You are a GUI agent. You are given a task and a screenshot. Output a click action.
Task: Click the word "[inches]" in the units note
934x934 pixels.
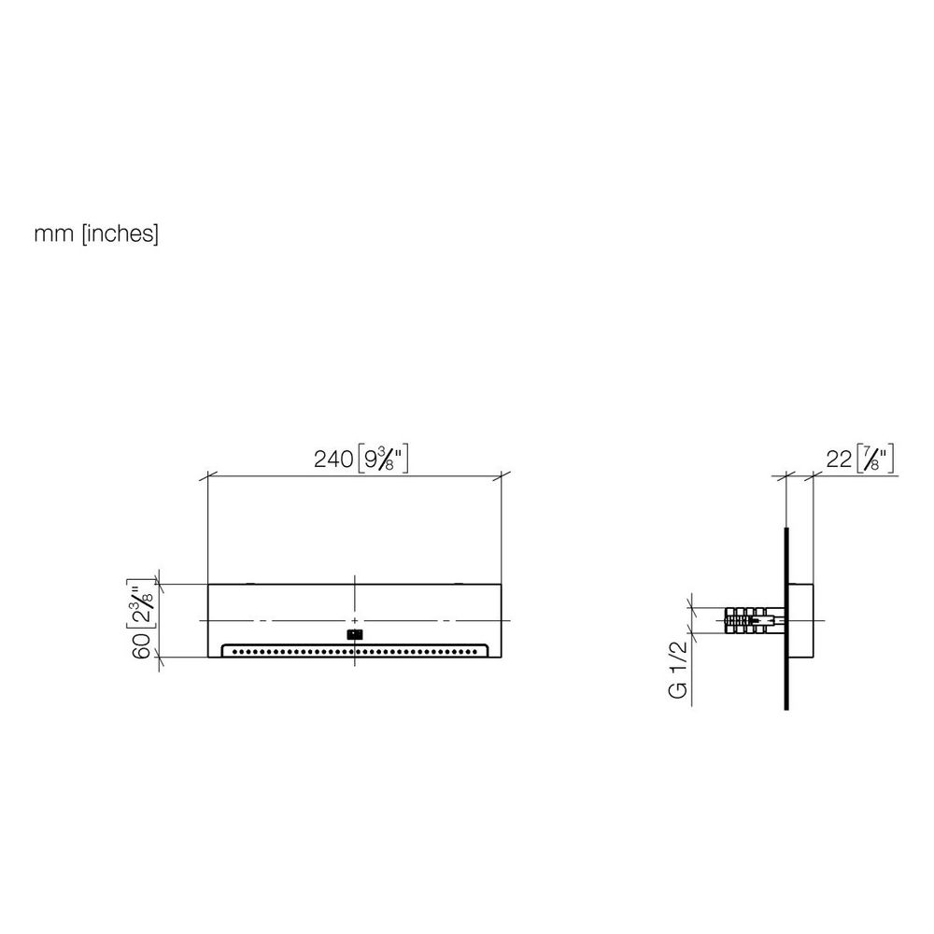pyautogui.click(x=120, y=233)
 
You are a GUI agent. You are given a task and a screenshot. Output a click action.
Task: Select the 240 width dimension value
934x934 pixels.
pyautogui.click(x=333, y=460)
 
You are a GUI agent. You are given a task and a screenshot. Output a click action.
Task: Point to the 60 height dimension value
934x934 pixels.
pyautogui.click(x=142, y=645)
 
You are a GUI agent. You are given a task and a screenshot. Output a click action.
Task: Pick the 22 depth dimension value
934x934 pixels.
pyautogui.click(x=839, y=460)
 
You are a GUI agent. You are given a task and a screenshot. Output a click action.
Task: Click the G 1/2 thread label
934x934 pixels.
pyautogui.click(x=678, y=670)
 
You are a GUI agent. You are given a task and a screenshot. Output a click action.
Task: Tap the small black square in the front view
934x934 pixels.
pyautogui.click(x=354, y=634)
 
